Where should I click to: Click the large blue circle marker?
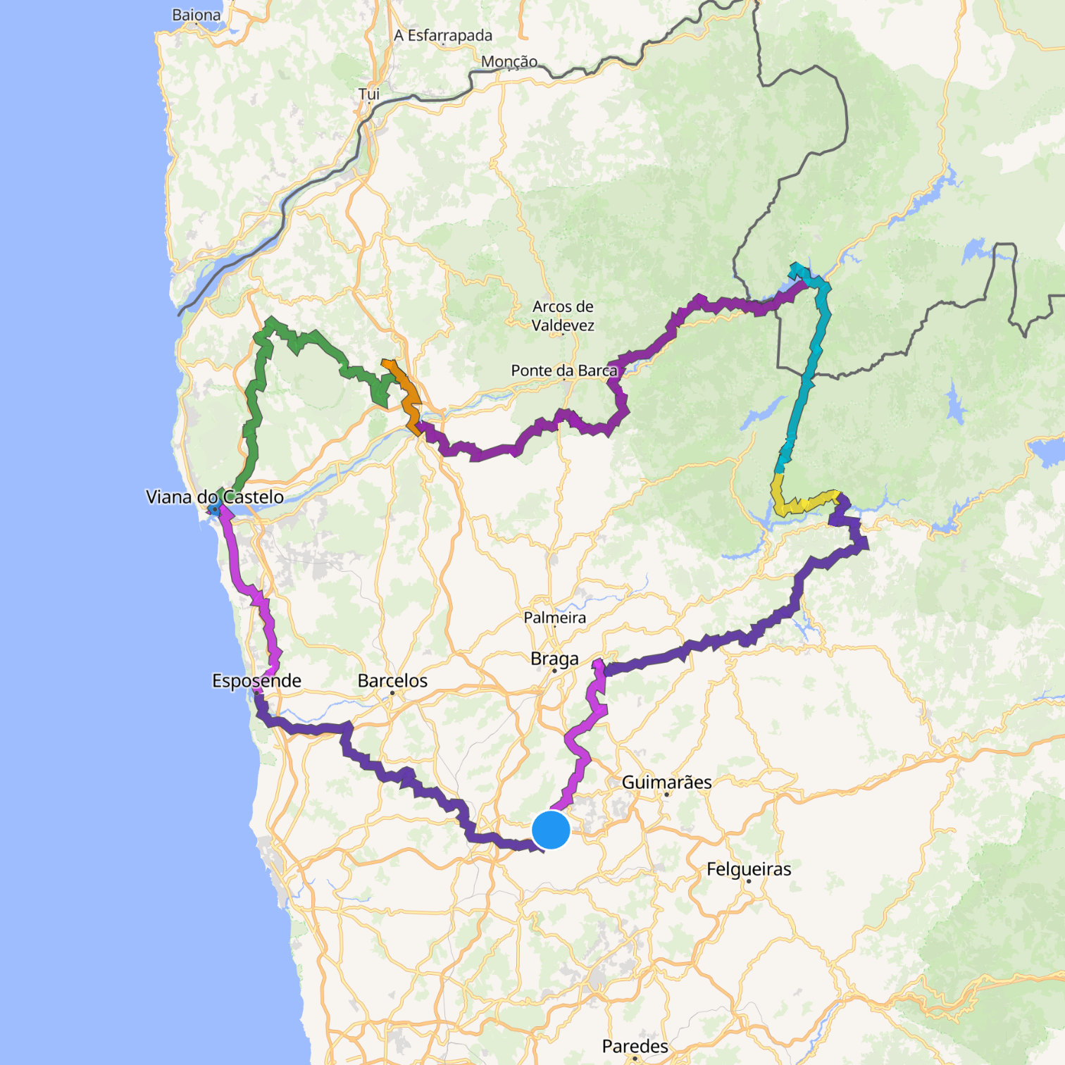click(551, 830)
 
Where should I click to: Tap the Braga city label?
click(554, 659)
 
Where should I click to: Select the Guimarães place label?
click(666, 782)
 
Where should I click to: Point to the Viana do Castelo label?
click(214, 497)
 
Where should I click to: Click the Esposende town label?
click(256, 680)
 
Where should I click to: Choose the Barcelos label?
click(392, 680)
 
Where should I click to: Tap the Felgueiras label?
click(749, 869)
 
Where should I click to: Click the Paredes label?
click(635, 1046)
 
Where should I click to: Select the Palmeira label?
click(554, 618)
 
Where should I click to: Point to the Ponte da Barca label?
click(563, 370)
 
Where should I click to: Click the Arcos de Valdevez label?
click(563, 316)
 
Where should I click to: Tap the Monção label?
click(509, 62)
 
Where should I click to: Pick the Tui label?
click(368, 94)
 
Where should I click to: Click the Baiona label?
click(196, 15)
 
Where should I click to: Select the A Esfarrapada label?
click(443, 35)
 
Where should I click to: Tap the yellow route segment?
click(803, 504)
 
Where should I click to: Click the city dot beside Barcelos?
click(392, 693)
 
